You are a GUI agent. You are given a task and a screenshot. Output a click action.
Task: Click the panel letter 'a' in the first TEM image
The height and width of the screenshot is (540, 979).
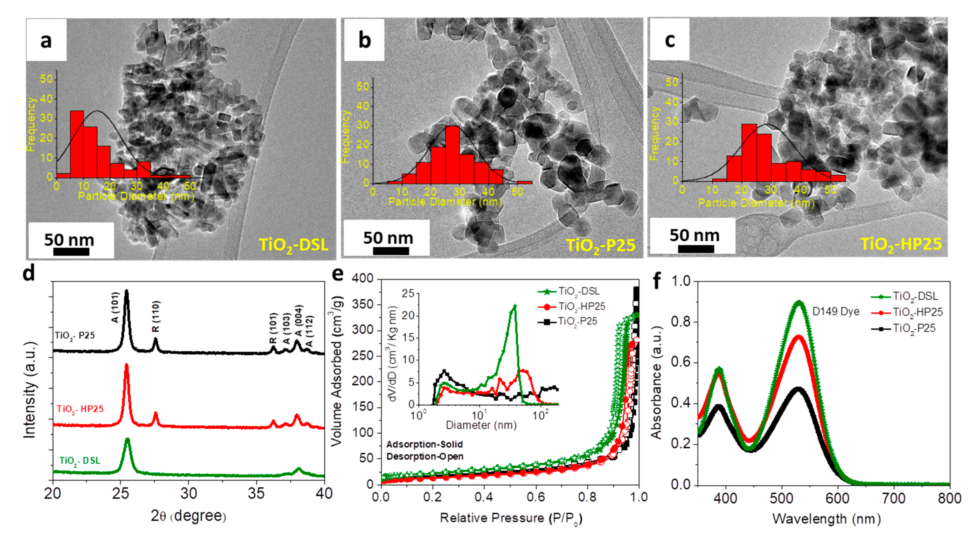pos(46,40)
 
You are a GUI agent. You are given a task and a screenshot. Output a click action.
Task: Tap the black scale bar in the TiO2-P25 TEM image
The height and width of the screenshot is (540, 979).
pos(390,251)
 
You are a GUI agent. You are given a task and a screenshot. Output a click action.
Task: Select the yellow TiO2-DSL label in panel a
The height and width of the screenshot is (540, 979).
pos(293,244)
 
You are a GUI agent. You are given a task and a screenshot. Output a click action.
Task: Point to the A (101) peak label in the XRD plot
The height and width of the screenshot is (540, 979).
pos(115,307)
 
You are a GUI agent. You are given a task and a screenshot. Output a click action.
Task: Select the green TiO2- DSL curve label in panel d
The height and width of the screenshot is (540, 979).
pos(80,461)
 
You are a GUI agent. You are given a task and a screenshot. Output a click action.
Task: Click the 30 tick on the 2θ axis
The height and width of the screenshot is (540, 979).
pos(189,494)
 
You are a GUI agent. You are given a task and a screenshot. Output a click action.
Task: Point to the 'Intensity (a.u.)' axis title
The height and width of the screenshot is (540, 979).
pos(30,390)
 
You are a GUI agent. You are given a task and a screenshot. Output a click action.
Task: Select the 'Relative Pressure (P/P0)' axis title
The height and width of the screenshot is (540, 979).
pos(511,518)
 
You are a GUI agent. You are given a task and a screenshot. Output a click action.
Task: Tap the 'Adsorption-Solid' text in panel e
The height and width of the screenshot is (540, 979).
pos(424,444)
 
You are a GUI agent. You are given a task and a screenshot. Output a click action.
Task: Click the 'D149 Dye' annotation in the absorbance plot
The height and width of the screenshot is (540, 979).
pos(835,311)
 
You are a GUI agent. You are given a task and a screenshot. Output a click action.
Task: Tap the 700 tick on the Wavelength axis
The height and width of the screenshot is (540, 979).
pos(894,498)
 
